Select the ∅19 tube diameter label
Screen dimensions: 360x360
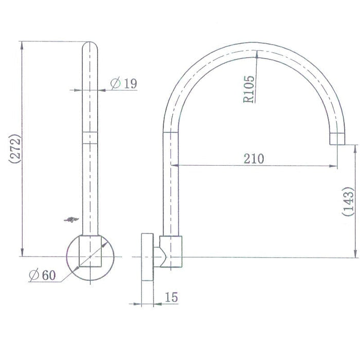tap(124, 83)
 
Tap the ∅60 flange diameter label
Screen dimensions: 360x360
tap(42, 275)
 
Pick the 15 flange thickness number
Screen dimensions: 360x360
tap(171, 297)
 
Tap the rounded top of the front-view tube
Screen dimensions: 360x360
tap(90, 46)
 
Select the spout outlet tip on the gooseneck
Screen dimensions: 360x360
tap(337, 138)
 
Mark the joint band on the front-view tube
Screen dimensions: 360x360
tap(90, 137)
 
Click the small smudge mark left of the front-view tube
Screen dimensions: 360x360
tap(70, 220)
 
